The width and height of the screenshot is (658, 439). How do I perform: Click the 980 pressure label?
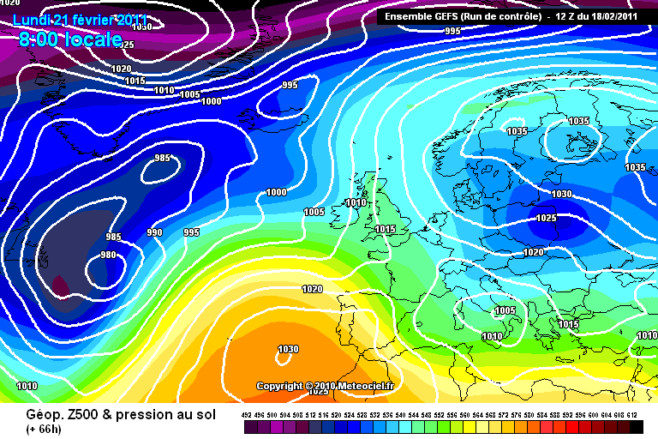[x=109, y=255]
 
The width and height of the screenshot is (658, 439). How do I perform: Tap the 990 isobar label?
[x=154, y=232]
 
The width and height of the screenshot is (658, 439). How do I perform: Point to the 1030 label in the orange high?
[x=289, y=349]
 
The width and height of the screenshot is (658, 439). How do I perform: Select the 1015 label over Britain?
[x=386, y=230]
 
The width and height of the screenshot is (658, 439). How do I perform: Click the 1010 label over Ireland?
[x=356, y=203]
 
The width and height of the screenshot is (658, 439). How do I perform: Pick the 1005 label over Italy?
[x=505, y=310]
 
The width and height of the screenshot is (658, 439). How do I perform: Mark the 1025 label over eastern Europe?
[x=547, y=218]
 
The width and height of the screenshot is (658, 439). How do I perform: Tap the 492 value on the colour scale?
[x=246, y=414]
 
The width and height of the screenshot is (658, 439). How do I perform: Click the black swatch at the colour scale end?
[x=636, y=426]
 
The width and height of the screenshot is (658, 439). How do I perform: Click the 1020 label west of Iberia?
[x=313, y=289]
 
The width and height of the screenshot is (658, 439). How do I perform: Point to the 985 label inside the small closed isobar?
[x=163, y=159]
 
